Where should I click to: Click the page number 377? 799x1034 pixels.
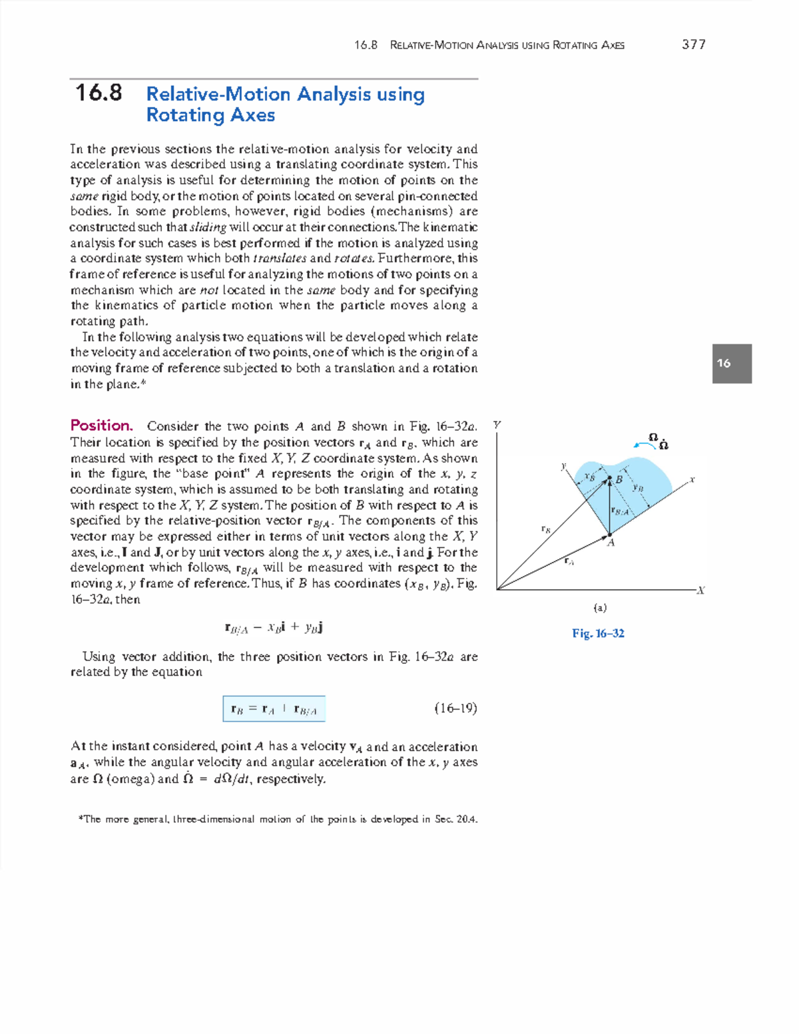pos(693,45)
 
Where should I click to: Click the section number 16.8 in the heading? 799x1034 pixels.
pos(99,93)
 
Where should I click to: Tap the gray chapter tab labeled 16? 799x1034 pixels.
pos(731,364)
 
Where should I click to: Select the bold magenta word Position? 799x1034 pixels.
pos(101,425)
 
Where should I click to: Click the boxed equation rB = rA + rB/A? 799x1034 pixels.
pos(274,709)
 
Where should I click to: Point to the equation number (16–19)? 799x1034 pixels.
pos(455,708)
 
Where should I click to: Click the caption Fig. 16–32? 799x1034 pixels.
pos(598,633)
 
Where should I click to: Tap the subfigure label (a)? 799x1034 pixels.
pos(600,608)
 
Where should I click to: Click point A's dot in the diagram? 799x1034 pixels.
pos(609,534)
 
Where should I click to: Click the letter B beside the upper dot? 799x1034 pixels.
pos(619,479)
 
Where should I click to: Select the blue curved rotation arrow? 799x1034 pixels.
pos(645,445)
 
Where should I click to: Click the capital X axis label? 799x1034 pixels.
pos(700,591)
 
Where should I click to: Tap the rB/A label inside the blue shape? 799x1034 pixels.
pos(619,511)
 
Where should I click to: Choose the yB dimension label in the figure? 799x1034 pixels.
pos(638,487)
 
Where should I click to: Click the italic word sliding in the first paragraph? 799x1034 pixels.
pos(208,227)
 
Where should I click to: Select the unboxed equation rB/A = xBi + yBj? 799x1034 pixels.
pos(274,627)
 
